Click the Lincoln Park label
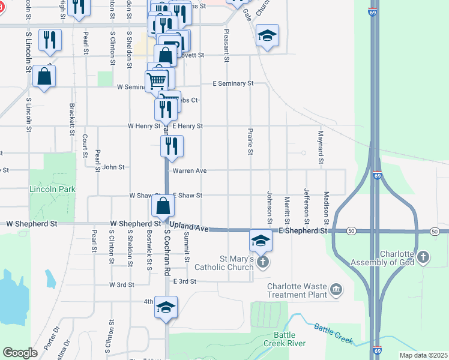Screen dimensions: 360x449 [x=53, y=189]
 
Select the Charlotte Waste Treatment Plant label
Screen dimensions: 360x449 [x=298, y=290]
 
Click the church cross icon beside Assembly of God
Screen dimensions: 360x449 [x=423, y=257]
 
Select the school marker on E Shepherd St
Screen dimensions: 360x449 [x=261, y=241]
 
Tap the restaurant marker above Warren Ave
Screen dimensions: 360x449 [x=172, y=146]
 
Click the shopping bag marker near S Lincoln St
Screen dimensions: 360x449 [x=44, y=76]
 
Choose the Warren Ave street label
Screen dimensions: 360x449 [x=190, y=171]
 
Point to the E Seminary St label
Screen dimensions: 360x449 [x=234, y=83]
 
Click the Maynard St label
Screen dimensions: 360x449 [x=321, y=146]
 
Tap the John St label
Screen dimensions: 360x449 [x=113, y=167]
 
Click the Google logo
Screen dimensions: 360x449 [x=20, y=353]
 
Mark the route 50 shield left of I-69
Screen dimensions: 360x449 [x=350, y=231]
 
